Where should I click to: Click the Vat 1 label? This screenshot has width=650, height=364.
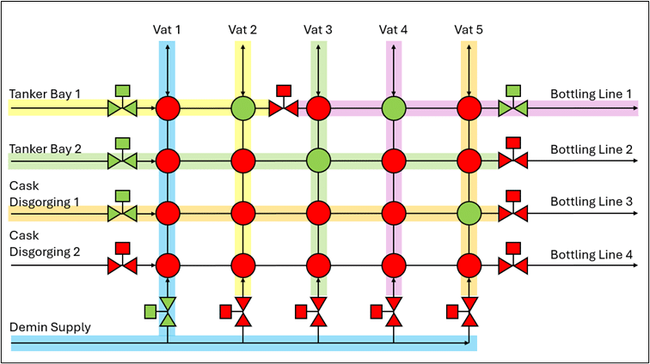[167, 29]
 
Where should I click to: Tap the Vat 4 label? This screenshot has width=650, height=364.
[393, 29]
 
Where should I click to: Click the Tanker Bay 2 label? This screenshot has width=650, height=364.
[46, 148]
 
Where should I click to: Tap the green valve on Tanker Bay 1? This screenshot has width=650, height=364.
[122, 108]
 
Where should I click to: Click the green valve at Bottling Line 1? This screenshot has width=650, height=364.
[513, 108]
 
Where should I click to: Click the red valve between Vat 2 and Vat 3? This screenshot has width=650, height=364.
[283, 108]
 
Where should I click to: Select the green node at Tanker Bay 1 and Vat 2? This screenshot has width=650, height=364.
[243, 108]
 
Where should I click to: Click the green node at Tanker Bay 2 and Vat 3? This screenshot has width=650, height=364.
[318, 160]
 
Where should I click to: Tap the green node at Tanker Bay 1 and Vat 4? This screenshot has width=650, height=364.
[394, 108]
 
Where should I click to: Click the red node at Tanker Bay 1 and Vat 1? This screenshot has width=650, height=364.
[168, 108]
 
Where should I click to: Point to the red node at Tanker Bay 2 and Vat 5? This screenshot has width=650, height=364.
[469, 160]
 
